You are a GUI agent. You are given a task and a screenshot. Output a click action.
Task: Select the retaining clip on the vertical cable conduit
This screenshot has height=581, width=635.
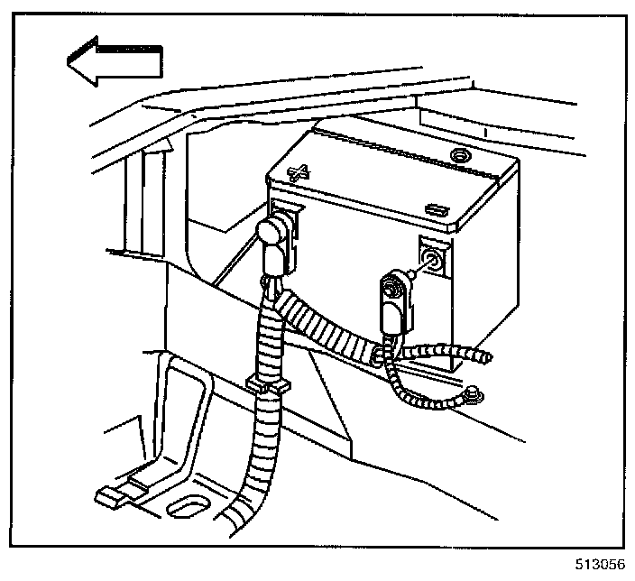coord(267,388)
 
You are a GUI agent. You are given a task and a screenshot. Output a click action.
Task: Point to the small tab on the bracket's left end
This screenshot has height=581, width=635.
coord(106,494)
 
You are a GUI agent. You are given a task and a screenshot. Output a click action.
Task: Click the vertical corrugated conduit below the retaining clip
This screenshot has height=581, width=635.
coord(263,451)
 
